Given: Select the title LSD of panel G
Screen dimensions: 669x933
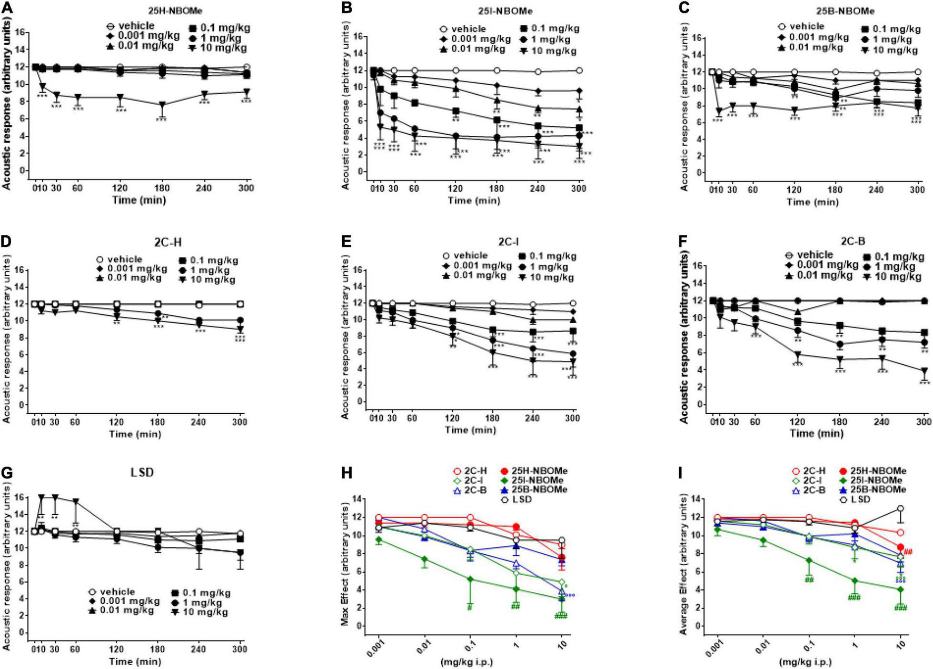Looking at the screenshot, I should (142, 472).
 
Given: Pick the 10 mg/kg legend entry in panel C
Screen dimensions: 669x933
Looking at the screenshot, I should (895, 50).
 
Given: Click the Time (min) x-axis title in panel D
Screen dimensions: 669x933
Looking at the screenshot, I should (135, 434).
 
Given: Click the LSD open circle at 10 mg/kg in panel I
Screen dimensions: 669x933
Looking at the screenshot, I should (900, 508).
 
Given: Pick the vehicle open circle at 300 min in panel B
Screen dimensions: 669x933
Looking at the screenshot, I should (579, 71).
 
